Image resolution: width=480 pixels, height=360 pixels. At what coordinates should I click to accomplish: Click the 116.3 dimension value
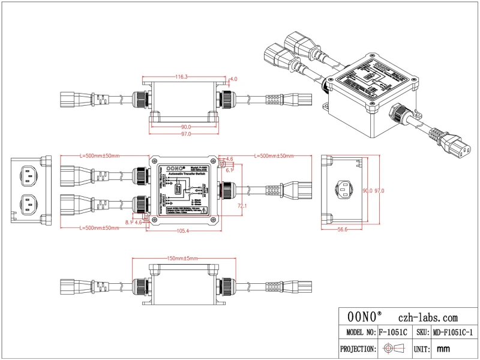[181, 77]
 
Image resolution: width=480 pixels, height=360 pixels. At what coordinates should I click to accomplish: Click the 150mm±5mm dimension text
[183, 258]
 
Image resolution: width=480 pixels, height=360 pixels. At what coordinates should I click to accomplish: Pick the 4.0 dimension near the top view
[233, 79]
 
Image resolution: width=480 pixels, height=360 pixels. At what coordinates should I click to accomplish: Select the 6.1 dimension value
[229, 170]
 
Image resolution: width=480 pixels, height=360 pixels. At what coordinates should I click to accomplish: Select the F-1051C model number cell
[393, 332]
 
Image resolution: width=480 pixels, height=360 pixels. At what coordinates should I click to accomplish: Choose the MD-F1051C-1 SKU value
[453, 332]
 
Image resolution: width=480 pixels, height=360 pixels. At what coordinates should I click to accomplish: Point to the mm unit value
[443, 349]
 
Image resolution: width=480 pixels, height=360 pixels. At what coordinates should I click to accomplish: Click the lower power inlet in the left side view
[28, 206]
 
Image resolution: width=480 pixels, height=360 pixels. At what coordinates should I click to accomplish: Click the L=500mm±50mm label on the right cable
[274, 156]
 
